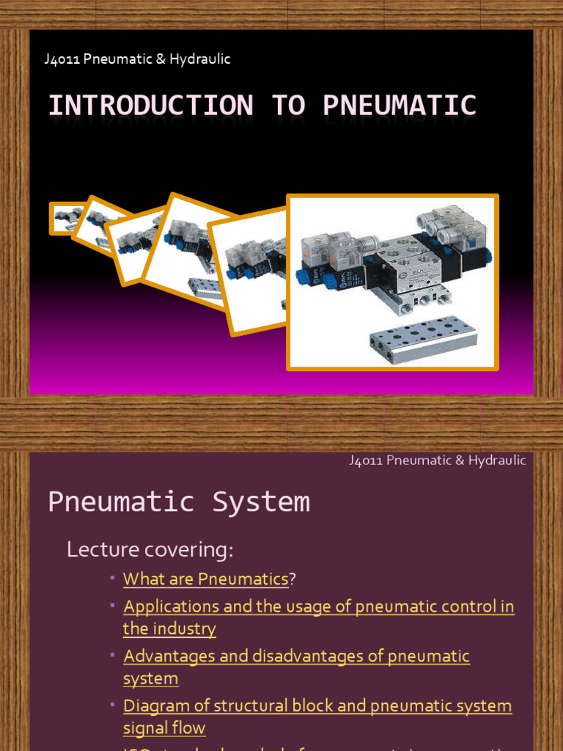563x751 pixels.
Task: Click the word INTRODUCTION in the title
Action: [150, 106]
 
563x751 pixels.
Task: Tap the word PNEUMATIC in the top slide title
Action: [400, 106]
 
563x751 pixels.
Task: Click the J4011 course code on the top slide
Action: [62, 59]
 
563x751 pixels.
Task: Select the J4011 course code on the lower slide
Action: [366, 461]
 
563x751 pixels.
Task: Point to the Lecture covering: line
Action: [150, 549]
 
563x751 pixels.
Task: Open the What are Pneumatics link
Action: [205, 579]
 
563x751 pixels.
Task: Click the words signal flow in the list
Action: [164, 728]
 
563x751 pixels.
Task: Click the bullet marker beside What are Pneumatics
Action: [113, 578]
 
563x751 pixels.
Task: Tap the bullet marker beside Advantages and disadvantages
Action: [113, 655]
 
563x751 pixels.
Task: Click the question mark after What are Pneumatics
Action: [292, 579]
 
